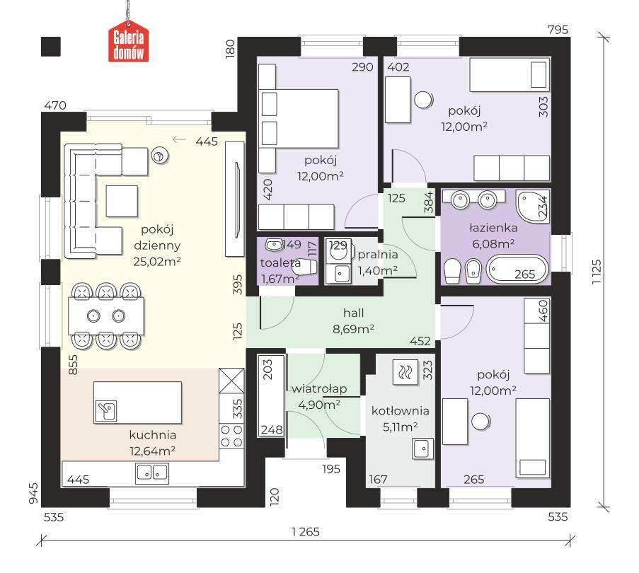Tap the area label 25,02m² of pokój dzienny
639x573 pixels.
157,262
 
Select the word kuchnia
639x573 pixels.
153,435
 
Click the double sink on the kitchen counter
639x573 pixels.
152,473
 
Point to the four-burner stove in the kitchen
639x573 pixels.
231,436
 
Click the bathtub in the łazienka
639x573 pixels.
517,269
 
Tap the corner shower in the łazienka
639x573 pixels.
533,206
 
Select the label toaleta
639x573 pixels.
280,262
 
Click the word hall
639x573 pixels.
353,313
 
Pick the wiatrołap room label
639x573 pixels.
319,389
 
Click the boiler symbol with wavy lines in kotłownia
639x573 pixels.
405,372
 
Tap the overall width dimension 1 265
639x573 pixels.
306,532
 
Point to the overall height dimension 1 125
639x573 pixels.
597,272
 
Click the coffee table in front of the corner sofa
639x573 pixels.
122,201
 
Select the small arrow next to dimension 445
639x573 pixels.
179,139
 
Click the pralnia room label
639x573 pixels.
378,255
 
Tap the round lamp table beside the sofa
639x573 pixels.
160,155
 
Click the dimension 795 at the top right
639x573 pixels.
558,30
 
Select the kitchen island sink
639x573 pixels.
106,411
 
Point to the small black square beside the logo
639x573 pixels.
51,47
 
